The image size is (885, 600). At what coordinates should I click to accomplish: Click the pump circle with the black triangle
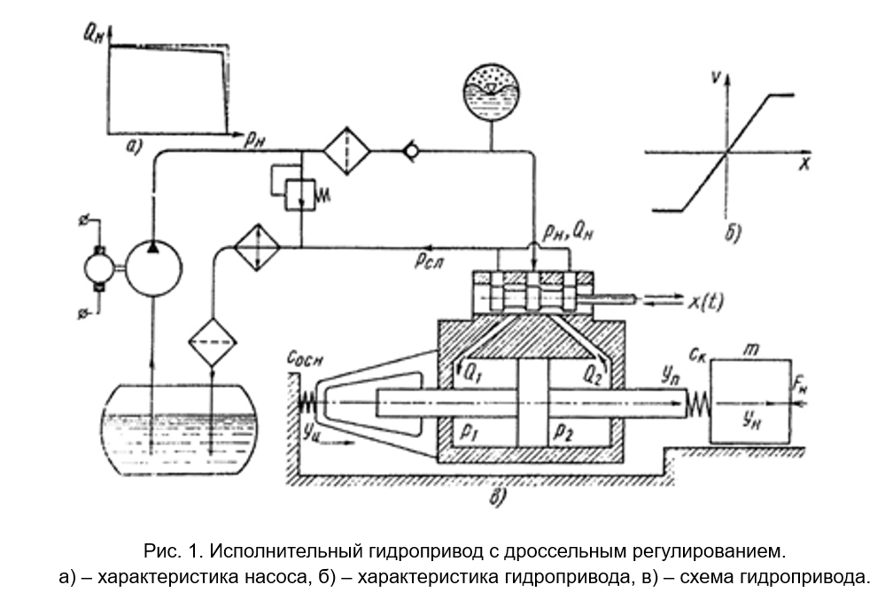click(x=153, y=265)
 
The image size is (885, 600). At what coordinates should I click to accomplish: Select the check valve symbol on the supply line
click(x=410, y=152)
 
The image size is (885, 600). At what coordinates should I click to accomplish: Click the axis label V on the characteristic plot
click(x=714, y=78)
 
